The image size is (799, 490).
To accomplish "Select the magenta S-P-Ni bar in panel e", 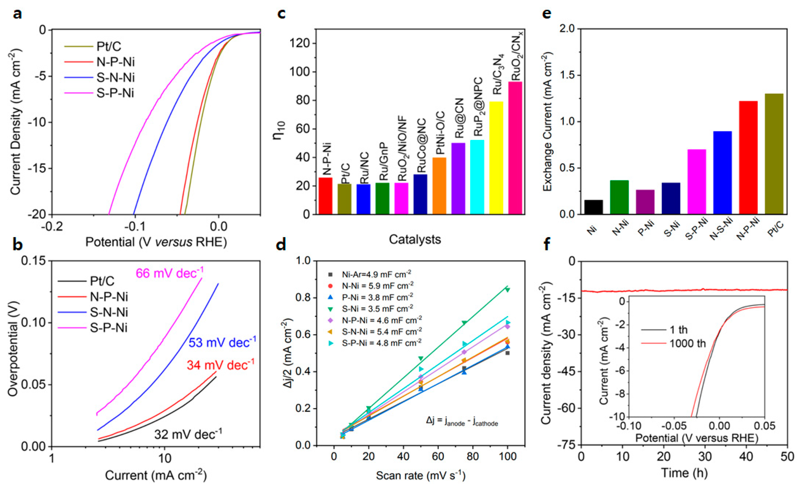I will [697, 182].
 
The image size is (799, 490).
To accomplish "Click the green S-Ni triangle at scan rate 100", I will [507, 289].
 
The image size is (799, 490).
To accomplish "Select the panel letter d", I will [281, 245].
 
